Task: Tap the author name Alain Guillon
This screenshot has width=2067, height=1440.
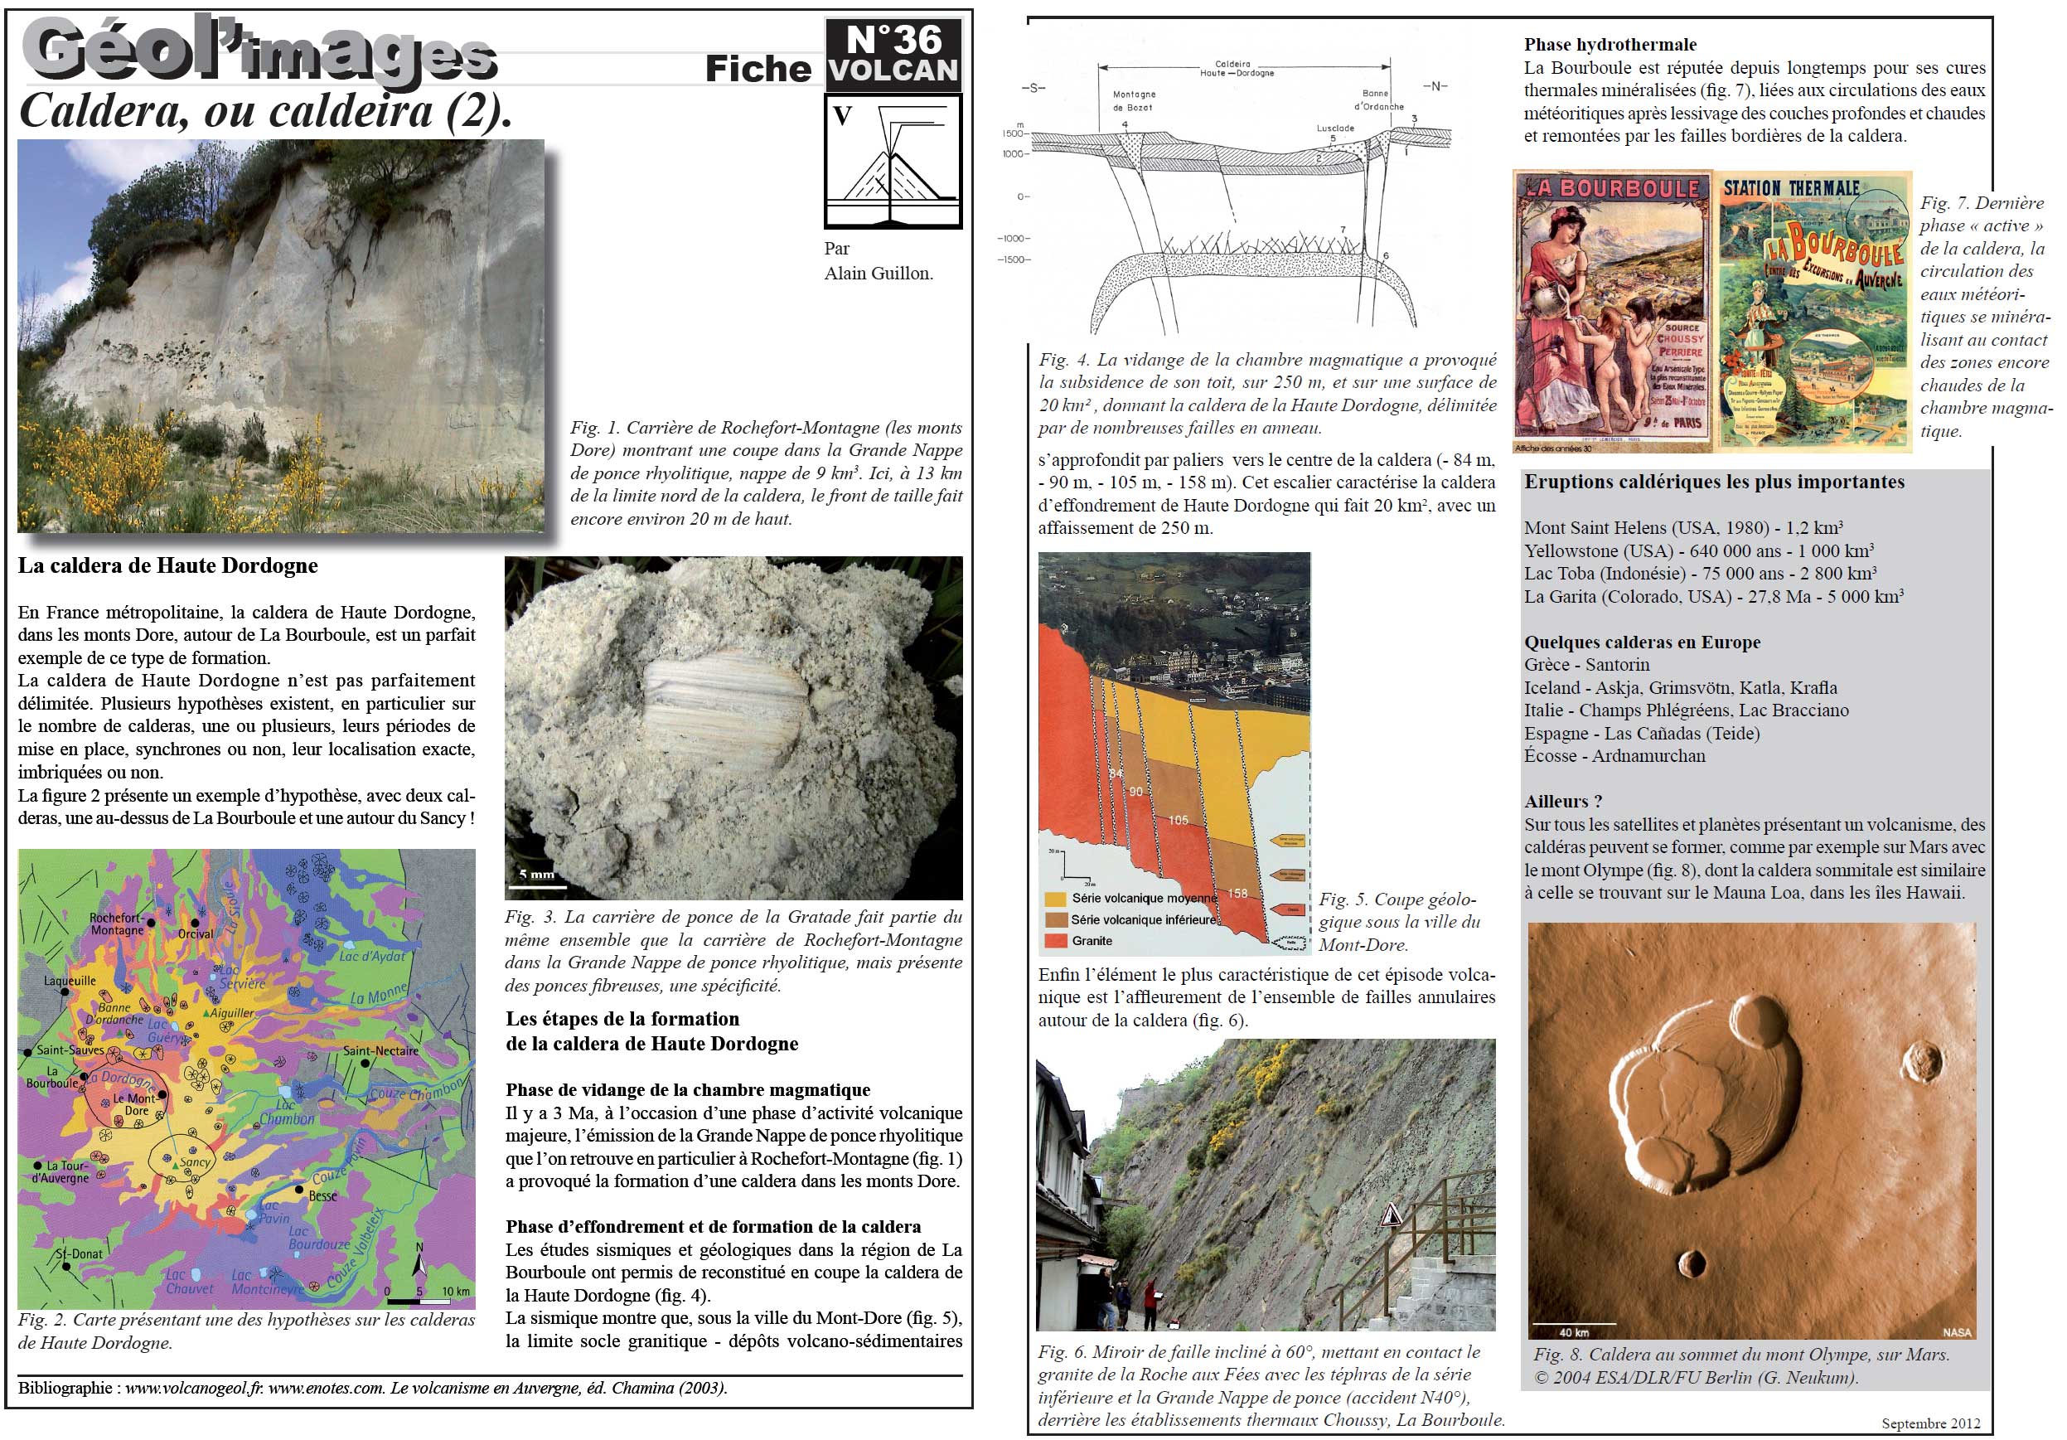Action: tap(878, 273)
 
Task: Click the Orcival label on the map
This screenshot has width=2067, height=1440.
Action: tap(196, 933)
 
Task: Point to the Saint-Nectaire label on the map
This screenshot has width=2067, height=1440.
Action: tap(380, 1050)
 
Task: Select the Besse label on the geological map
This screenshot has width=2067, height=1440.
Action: tap(322, 1196)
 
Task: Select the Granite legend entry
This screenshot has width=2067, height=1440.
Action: tap(1092, 940)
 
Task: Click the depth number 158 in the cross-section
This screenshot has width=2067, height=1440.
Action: tap(1238, 893)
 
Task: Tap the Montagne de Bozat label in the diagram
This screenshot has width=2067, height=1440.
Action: tap(1134, 100)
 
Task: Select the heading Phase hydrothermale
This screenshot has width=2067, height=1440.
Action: tap(1610, 44)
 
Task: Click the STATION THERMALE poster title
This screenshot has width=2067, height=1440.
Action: tap(1791, 188)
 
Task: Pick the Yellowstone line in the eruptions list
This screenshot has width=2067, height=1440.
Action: tap(1699, 550)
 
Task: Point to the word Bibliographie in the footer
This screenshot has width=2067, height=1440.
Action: tap(65, 1388)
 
